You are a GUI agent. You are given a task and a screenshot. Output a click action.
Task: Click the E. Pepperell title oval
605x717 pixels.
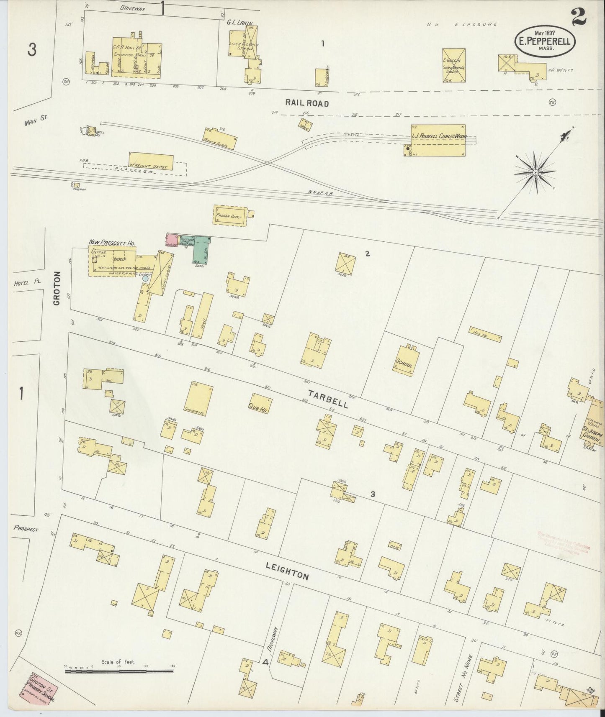coord(545,41)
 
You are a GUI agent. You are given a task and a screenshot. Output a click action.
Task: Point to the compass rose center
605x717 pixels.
coord(535,172)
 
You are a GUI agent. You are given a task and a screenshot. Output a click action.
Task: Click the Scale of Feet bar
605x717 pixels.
coord(119,671)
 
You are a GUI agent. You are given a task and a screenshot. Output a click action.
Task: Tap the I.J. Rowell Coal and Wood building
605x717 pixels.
coord(438,141)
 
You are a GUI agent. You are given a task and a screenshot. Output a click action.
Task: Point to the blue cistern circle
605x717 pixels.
coord(145,278)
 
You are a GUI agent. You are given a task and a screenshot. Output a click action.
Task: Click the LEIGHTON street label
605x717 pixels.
coord(287,571)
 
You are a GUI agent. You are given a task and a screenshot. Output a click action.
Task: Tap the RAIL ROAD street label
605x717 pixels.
coord(307,102)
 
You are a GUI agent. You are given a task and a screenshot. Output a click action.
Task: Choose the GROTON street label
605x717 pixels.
coord(57,288)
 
